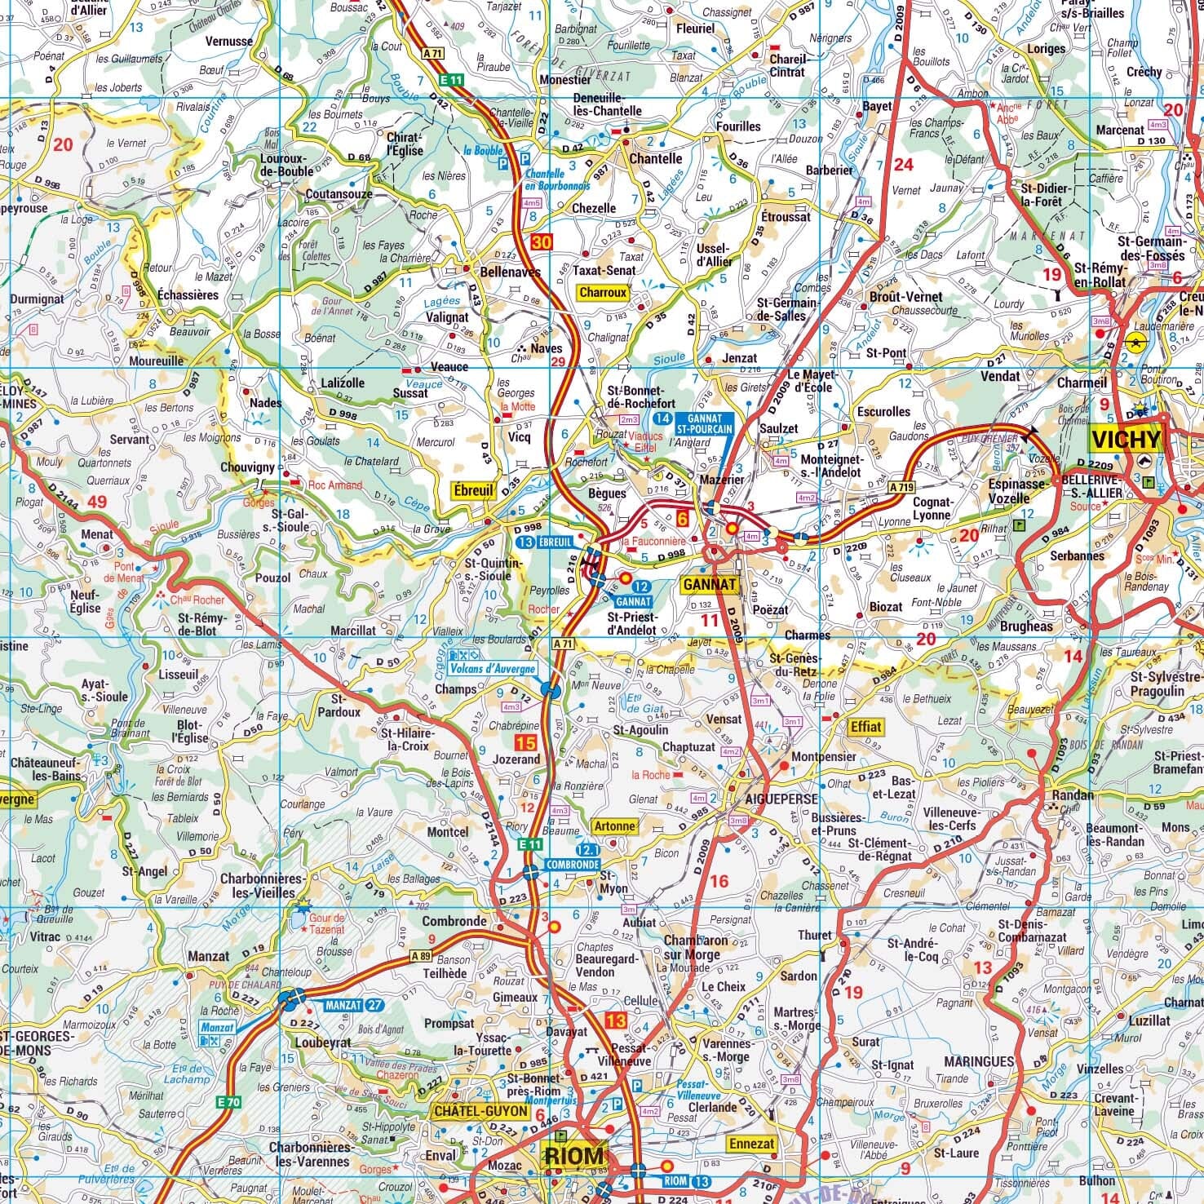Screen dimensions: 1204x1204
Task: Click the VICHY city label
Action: pos(1126,440)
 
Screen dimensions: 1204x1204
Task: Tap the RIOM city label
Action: pos(574,1156)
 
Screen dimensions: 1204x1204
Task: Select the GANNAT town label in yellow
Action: pos(709,584)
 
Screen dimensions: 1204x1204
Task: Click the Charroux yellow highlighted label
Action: pos(603,292)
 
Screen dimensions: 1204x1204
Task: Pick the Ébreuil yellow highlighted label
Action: pos(474,490)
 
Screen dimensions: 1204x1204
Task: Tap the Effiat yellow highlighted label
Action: pos(865,726)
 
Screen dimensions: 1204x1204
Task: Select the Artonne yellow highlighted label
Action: pos(614,826)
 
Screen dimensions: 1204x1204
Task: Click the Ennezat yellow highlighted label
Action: pos(751,1144)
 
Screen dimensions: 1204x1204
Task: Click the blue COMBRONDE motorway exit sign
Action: pos(573,864)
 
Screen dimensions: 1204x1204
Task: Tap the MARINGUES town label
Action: pos(978,1061)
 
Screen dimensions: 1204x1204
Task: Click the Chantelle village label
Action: pos(655,159)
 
